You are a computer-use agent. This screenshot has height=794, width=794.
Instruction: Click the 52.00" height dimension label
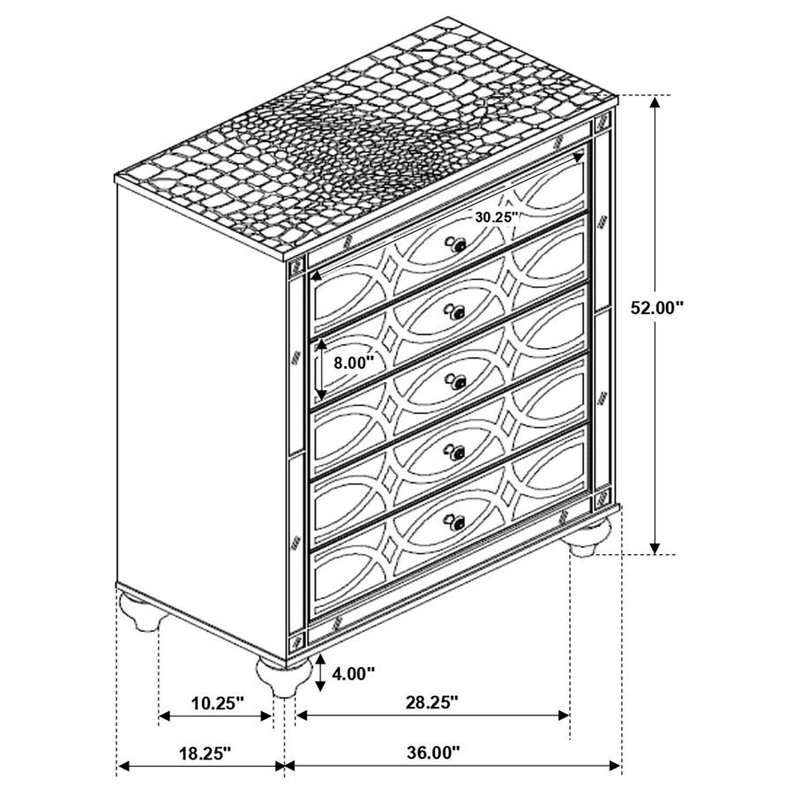[x=658, y=308]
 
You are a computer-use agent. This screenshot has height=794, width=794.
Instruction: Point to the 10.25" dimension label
[x=217, y=703]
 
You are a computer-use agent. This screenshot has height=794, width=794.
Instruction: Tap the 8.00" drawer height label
[x=353, y=361]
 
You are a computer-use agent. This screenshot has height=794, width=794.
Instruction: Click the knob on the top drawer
[x=457, y=246]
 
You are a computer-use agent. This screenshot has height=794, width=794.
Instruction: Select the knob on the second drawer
[x=456, y=313]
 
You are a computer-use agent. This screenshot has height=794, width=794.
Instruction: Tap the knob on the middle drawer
[x=456, y=381]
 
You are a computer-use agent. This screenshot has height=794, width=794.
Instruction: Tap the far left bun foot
[x=142, y=610]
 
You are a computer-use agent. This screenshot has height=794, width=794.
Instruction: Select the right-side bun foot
[x=588, y=536]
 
